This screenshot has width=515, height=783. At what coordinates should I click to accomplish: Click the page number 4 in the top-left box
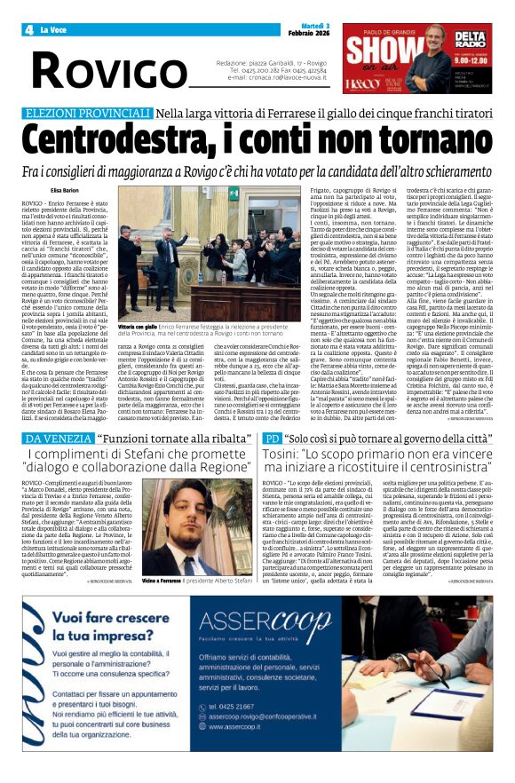coord(29,30)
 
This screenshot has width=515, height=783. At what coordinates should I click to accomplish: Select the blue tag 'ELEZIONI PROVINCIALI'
coord(87,113)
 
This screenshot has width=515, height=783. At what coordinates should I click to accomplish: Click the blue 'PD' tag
coord(272,439)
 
